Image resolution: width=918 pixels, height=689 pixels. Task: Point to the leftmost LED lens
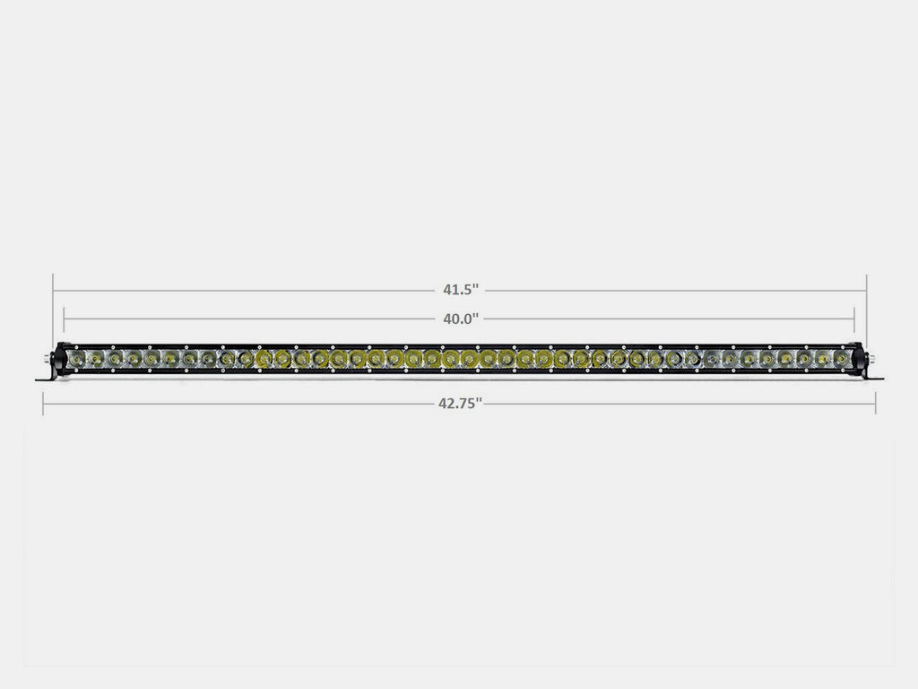(x=76, y=359)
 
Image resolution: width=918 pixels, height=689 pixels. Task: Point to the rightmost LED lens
(x=841, y=359)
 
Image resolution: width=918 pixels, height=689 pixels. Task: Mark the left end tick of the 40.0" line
(x=65, y=318)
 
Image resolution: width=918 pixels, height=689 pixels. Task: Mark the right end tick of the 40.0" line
(x=854, y=318)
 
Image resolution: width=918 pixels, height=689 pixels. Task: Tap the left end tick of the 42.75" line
(x=43, y=404)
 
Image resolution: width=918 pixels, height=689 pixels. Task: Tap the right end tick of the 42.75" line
(x=877, y=404)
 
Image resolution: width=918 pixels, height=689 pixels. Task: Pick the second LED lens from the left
(x=95, y=359)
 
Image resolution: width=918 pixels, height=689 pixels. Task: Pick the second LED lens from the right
(x=822, y=359)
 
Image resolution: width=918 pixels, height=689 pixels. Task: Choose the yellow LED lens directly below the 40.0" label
(x=467, y=359)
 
